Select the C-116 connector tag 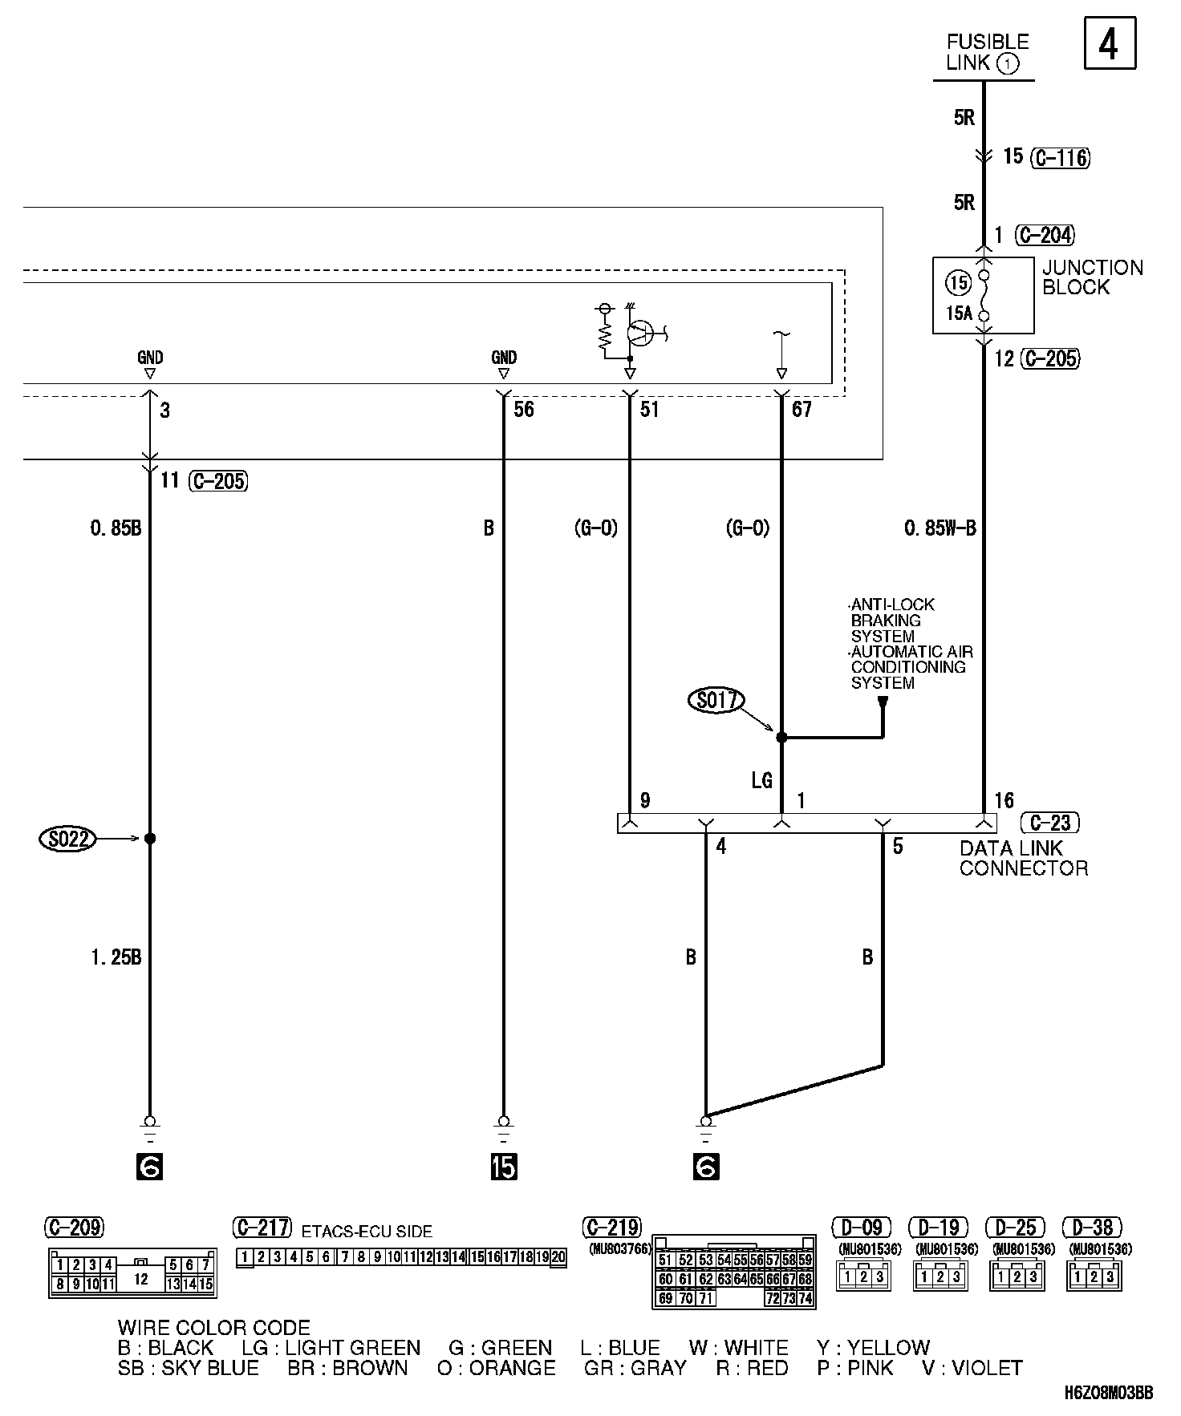click(x=1060, y=157)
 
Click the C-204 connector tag click(x=1045, y=235)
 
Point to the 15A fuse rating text click(x=959, y=313)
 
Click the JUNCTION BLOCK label click(x=1091, y=277)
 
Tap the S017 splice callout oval click(x=716, y=701)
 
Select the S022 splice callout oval click(x=67, y=839)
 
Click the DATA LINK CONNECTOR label click(x=1023, y=858)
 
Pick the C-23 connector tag click(x=1049, y=823)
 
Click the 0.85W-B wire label click(x=940, y=528)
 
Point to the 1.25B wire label click(x=116, y=957)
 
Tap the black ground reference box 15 click(x=504, y=1167)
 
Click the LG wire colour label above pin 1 click(x=761, y=779)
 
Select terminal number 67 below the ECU click(x=802, y=410)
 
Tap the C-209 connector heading click(x=74, y=1228)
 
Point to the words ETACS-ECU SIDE click(x=367, y=1232)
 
